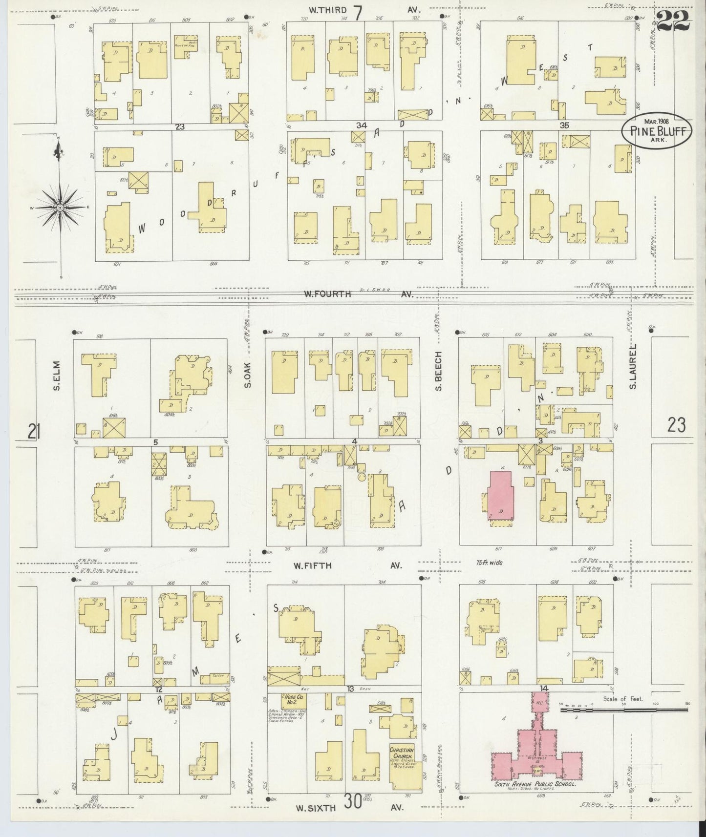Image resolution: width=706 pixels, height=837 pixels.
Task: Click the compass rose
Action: [60, 208]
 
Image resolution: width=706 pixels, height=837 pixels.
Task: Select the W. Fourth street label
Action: [327, 294]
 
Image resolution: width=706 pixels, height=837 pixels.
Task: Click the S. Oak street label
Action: [248, 375]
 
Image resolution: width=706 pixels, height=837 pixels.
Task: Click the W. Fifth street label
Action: [312, 565]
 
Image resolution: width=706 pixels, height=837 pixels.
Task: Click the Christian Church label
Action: [402, 753]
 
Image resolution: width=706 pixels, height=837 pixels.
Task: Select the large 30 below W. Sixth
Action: [352, 802]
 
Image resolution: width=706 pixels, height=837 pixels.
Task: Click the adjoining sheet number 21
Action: [33, 432]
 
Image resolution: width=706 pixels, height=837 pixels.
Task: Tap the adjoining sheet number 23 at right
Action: [676, 425]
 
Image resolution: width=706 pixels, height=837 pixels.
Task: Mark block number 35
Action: [564, 126]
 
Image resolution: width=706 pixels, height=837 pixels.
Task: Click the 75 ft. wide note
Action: [490, 563]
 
